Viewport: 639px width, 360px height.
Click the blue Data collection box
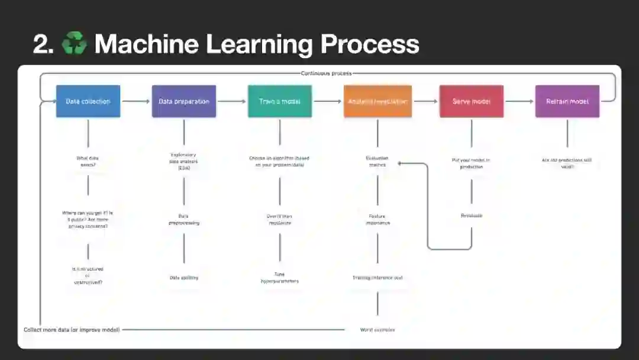click(x=88, y=101)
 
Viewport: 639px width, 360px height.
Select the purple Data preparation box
click(x=184, y=101)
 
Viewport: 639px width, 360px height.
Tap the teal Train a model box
click(x=280, y=101)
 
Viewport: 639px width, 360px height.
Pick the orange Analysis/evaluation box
click(x=377, y=101)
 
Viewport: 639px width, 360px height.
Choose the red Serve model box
click(x=472, y=101)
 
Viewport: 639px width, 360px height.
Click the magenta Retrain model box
click(x=567, y=101)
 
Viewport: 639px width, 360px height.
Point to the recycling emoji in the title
click(x=74, y=44)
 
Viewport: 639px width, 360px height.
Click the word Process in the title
click(x=370, y=44)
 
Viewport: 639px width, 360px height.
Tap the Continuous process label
click(x=326, y=73)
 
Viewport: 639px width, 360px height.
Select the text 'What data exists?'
click(x=88, y=161)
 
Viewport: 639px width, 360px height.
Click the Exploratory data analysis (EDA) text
click(x=183, y=161)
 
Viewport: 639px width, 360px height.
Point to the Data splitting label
click(x=184, y=277)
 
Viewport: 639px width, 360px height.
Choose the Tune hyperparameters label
click(x=280, y=277)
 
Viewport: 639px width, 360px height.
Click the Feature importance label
click(x=377, y=219)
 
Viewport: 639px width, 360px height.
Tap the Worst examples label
click(x=377, y=330)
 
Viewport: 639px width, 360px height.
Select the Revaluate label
click(x=472, y=216)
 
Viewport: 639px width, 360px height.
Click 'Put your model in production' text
click(x=472, y=163)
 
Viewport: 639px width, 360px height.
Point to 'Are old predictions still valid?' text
click(x=567, y=163)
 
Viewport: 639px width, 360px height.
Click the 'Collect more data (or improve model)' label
click(x=72, y=330)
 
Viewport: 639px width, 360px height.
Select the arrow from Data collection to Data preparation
click(x=136, y=101)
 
